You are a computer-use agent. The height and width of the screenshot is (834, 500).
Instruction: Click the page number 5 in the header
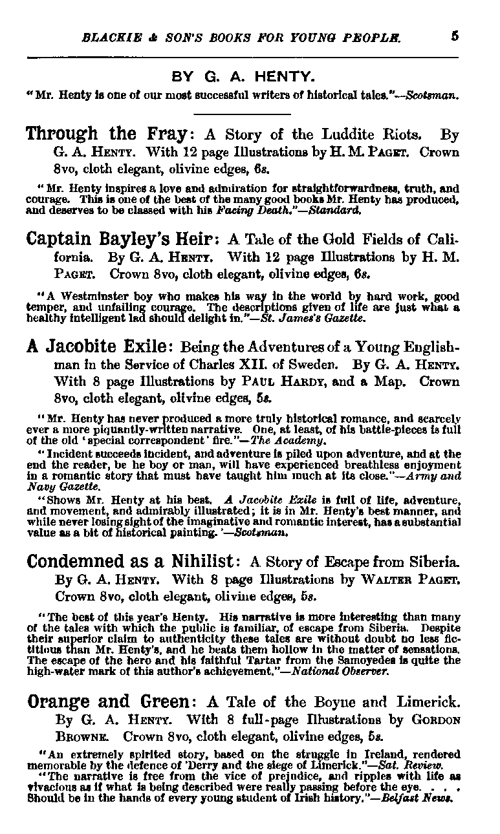click(x=455, y=37)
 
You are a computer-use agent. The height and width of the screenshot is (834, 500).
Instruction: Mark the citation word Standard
click(x=339, y=210)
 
